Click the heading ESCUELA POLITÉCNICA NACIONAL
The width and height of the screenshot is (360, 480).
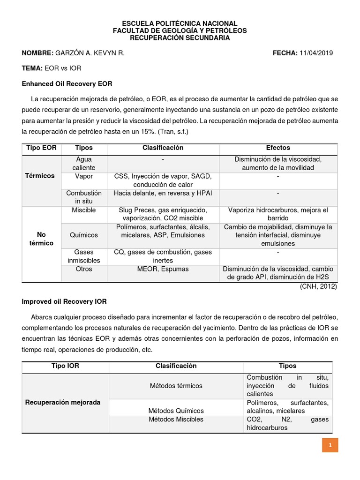click(180, 23)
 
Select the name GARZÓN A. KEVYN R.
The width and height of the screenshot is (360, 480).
click(90, 53)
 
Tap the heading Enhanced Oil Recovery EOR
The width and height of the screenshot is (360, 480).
click(67, 83)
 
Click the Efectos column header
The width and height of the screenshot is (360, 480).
click(278, 148)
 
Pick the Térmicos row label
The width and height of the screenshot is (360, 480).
click(40, 176)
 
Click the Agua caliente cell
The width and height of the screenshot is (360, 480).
click(83, 163)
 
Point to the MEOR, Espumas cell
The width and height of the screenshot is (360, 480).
click(163, 269)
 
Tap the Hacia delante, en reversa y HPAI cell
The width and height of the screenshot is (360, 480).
click(163, 193)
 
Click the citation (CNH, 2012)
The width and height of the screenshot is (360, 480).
click(318, 286)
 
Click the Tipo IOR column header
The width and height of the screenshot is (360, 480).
click(65, 366)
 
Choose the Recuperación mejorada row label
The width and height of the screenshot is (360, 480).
click(62, 402)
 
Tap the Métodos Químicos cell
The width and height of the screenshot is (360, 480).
click(176, 411)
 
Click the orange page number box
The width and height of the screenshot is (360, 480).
click(330, 445)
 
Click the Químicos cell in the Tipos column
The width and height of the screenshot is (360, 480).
click(83, 235)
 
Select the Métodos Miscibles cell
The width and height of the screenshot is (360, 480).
click(176, 419)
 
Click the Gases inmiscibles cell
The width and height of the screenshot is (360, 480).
click(83, 256)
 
